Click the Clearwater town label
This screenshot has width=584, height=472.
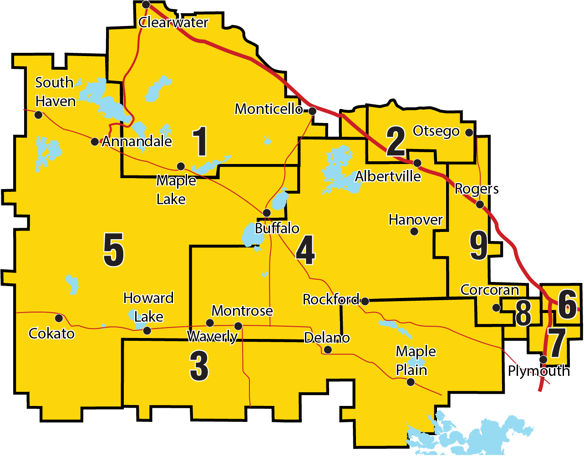(173, 22)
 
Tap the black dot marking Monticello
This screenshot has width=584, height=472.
(312, 111)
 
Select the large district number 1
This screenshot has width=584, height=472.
(200, 142)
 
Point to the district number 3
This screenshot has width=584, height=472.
(199, 366)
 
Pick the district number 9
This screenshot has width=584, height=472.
(479, 246)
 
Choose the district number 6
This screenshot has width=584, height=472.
(567, 305)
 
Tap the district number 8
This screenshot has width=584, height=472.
(523, 313)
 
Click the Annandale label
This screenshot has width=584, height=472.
(137, 142)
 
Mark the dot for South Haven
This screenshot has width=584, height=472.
(39, 115)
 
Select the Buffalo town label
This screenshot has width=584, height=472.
(277, 228)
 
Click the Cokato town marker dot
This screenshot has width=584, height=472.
(59, 318)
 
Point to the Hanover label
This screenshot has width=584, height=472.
(416, 220)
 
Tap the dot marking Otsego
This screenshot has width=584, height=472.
(469, 132)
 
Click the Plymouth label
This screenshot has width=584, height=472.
(538, 371)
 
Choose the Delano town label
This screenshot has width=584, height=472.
(327, 338)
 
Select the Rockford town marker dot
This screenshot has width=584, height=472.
(365, 301)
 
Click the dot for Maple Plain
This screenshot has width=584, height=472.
(411, 382)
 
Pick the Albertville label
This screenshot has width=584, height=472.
(388, 176)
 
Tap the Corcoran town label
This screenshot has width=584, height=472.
(490, 290)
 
